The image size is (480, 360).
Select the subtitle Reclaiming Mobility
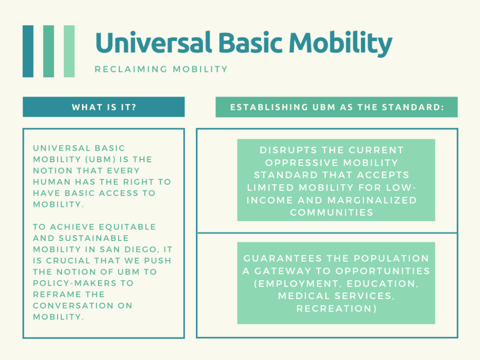click(161, 69)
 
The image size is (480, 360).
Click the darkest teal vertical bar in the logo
click(28, 51)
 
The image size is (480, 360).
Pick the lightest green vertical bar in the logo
click(69, 51)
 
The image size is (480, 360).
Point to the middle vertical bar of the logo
click(48, 51)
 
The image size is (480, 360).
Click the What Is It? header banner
click(104, 107)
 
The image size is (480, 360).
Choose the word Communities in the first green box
click(332, 212)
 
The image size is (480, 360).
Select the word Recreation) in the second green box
click(336, 309)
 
